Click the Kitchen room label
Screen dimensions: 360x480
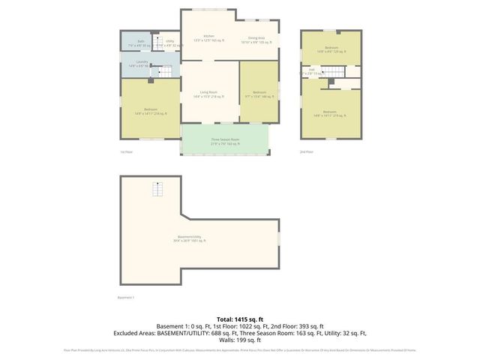(x=208, y=38)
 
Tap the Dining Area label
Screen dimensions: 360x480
(x=256, y=39)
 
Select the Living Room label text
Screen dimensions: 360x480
(x=208, y=94)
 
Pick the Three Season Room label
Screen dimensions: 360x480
(x=224, y=141)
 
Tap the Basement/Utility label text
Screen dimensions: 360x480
(x=189, y=239)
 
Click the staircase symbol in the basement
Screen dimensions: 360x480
(x=158, y=189)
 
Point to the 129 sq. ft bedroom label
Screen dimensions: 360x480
(x=330, y=49)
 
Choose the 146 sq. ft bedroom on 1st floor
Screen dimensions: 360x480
(x=259, y=94)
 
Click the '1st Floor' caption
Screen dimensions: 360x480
(x=126, y=151)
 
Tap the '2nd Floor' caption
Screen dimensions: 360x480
(x=305, y=151)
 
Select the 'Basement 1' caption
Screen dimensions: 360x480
(x=126, y=297)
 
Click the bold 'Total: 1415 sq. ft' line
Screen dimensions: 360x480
(x=239, y=319)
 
